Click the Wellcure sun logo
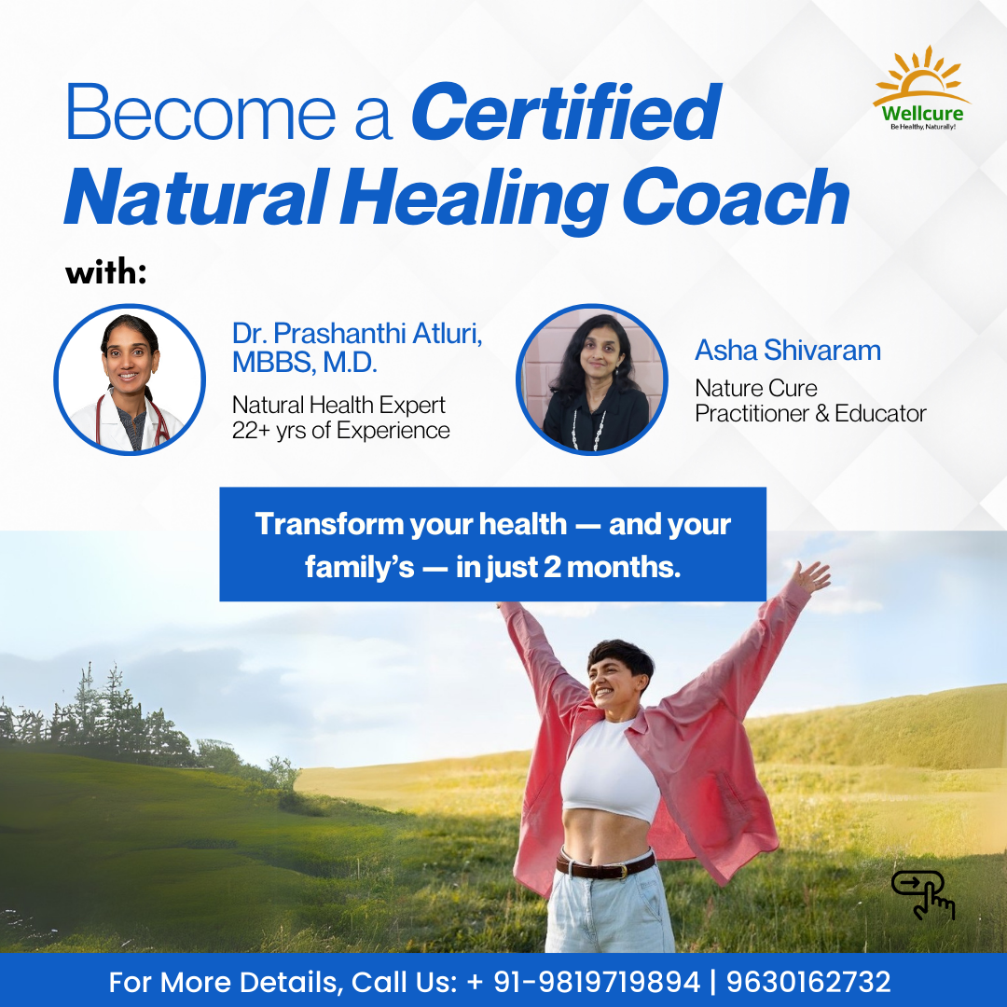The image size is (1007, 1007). pyautogui.click(x=921, y=88)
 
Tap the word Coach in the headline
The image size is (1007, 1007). pyautogui.click(x=736, y=197)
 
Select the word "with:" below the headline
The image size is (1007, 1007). pyautogui.click(x=106, y=272)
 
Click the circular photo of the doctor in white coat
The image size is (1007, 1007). pyautogui.click(x=130, y=379)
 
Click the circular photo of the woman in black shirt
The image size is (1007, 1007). pyautogui.click(x=591, y=379)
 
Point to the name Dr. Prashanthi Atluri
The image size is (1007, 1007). pyautogui.click(x=357, y=333)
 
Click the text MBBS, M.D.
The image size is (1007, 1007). pyautogui.click(x=304, y=363)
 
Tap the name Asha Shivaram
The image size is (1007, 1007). pyautogui.click(x=787, y=351)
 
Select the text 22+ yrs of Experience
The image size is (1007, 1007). pyautogui.click(x=341, y=431)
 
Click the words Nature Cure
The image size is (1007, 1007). pyautogui.click(x=756, y=388)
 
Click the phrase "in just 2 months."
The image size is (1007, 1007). pyautogui.click(x=568, y=567)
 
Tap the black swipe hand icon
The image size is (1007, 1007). pyautogui.click(x=923, y=894)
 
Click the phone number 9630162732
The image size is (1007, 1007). pyautogui.click(x=808, y=982)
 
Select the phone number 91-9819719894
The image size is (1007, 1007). pyautogui.click(x=596, y=982)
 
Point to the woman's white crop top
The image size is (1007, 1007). pyautogui.click(x=609, y=772)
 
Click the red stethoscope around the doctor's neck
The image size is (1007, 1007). pyautogui.click(x=131, y=421)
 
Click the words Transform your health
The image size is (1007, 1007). pyautogui.click(x=411, y=525)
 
